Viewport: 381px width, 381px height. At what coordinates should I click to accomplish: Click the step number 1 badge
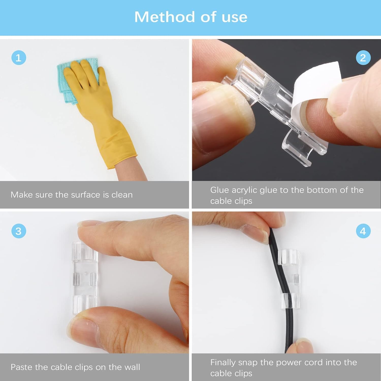point(19,58)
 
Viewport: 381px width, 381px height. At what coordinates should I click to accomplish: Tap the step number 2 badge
point(363,58)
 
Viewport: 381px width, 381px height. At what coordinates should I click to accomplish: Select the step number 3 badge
point(19,231)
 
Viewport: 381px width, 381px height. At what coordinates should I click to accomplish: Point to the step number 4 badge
point(363,231)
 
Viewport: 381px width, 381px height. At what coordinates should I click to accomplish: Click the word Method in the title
point(164,17)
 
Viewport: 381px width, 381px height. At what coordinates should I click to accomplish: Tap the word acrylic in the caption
point(244,190)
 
